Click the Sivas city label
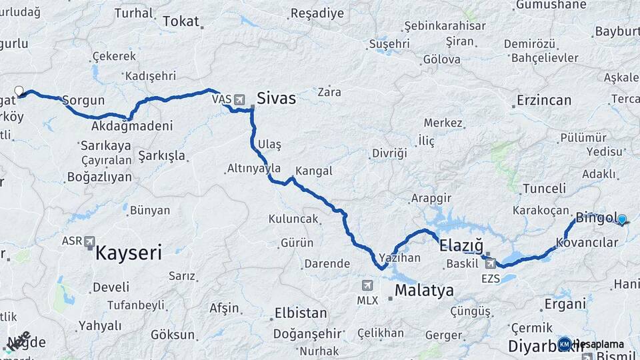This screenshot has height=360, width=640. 276,99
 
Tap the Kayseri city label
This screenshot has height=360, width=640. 129,253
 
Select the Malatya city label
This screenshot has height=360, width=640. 424,291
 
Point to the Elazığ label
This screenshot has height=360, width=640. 461,245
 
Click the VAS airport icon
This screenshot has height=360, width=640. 239,99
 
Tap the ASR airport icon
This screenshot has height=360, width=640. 90,243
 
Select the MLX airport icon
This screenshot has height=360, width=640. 367,285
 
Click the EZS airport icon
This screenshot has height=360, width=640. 491,263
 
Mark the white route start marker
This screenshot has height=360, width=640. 19,91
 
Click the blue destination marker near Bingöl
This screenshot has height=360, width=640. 622,219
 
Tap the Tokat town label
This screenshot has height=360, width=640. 181,21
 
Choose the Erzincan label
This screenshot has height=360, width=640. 543,101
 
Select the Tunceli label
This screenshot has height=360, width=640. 544,189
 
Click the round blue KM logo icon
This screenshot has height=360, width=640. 565,343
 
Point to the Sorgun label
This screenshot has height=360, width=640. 83,101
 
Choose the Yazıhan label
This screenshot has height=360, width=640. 399,257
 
